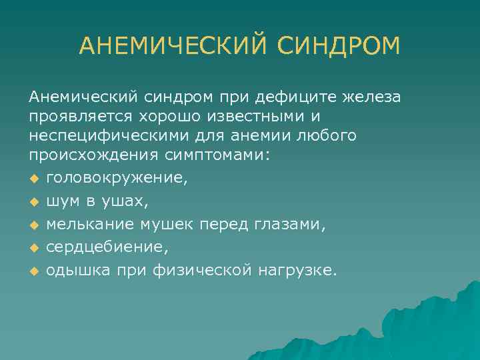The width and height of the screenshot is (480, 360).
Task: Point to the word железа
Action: pyautogui.click(x=371, y=98)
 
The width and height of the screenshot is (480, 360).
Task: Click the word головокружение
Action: pyautogui.click(x=117, y=178)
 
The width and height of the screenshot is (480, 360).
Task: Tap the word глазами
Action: pyautogui.click(x=291, y=224)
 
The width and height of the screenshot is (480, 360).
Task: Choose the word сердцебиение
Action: pyautogui.click(x=107, y=247)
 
